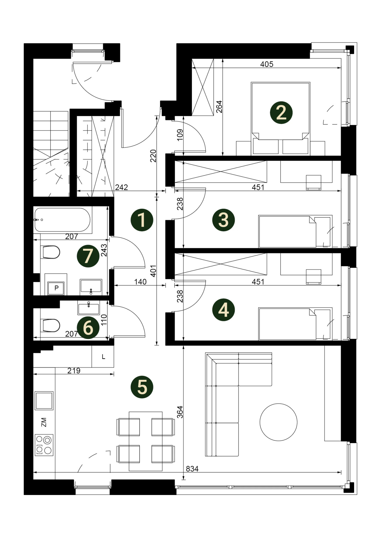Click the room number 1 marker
click(x=142, y=220)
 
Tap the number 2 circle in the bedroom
click(x=281, y=113)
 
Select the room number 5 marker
click(x=142, y=387)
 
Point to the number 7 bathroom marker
click(x=88, y=256)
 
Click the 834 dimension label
click(x=192, y=469)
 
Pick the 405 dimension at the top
click(x=267, y=64)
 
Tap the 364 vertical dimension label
click(x=180, y=412)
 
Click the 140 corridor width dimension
click(x=140, y=282)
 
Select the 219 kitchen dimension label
click(x=74, y=370)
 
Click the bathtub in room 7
click(x=62, y=220)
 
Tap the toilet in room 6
click(x=51, y=325)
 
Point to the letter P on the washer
click(x=56, y=288)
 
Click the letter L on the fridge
click(x=104, y=357)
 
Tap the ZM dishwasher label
click(x=44, y=422)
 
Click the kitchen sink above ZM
click(x=44, y=401)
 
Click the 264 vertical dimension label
click(x=219, y=107)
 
